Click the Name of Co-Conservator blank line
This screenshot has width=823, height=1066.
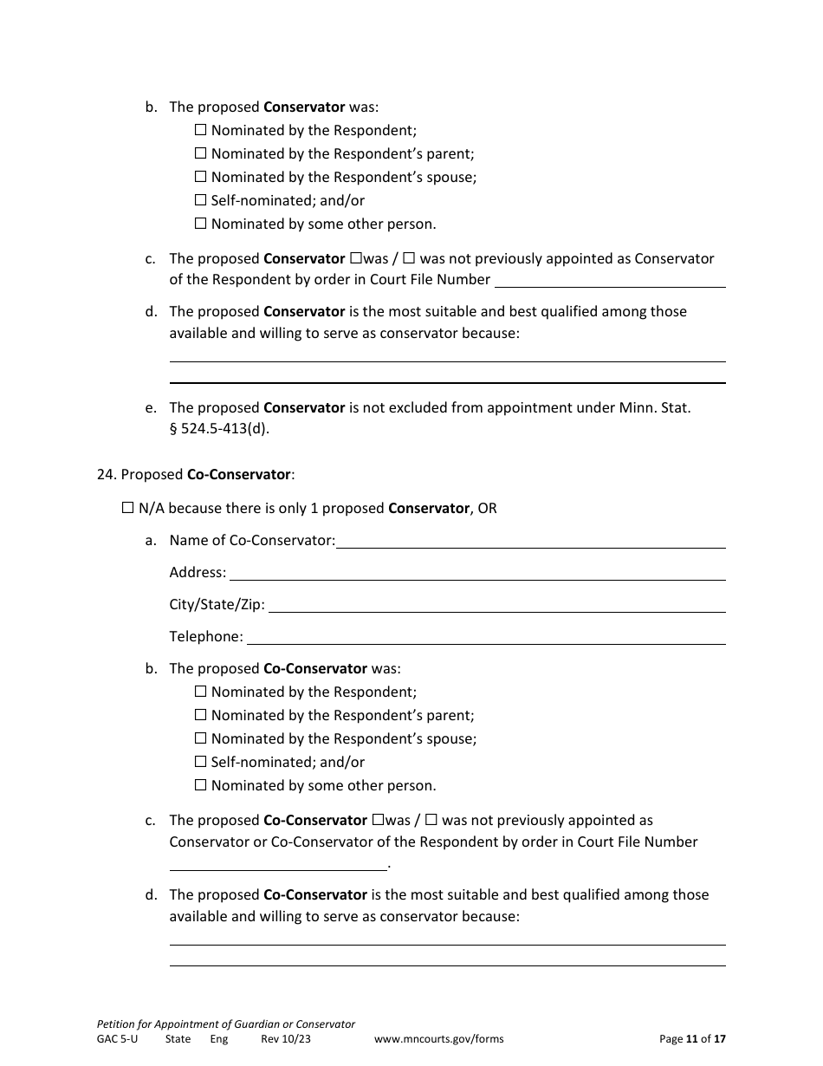coord(530,542)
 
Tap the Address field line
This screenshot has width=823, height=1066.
coord(476,574)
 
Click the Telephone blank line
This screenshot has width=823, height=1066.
coord(486,638)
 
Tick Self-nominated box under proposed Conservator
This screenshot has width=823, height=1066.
coord(201,200)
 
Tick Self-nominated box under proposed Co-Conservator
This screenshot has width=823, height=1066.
coord(201,762)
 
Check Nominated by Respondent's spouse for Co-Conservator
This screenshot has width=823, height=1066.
coord(201,738)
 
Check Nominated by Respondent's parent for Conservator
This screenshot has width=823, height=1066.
coord(201,153)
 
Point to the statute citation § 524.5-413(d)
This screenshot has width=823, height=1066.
coord(219,429)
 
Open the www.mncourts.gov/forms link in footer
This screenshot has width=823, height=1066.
coord(438,1039)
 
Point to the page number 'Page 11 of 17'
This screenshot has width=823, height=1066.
coord(692,1039)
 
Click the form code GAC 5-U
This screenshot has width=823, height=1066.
coord(117,1039)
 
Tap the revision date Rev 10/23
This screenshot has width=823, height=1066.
coord(285,1039)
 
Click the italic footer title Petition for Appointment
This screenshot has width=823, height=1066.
coord(225,1024)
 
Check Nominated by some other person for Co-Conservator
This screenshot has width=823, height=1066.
coord(201,785)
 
